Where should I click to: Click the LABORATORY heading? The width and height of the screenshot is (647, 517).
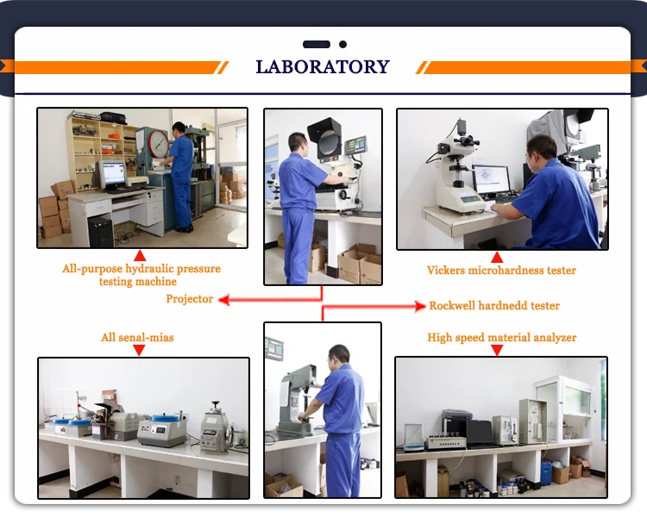pyautogui.click(x=323, y=67)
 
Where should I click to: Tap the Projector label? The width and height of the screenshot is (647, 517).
pyautogui.click(x=190, y=299)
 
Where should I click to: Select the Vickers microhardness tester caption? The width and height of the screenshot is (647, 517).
pyautogui.click(x=501, y=271)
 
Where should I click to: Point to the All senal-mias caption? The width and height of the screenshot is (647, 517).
pyautogui.click(x=137, y=338)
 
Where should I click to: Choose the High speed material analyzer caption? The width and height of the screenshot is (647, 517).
pyautogui.click(x=501, y=338)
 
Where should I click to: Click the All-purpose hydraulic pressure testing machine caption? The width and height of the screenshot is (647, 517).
pyautogui.click(x=141, y=275)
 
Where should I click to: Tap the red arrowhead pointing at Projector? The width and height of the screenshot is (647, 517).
pyautogui.click(x=223, y=299)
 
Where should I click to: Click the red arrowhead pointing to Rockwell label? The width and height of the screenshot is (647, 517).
pyautogui.click(x=422, y=306)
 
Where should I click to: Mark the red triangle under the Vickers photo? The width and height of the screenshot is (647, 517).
pyautogui.click(x=496, y=257)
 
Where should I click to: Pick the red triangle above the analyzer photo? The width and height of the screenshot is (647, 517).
pyautogui.click(x=496, y=350)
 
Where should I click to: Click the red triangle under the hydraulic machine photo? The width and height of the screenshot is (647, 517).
pyautogui.click(x=140, y=256)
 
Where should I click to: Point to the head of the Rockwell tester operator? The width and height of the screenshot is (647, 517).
pyautogui.click(x=339, y=354)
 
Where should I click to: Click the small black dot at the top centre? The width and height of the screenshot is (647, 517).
pyautogui.click(x=342, y=44)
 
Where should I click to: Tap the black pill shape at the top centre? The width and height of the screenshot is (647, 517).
pyautogui.click(x=317, y=44)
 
